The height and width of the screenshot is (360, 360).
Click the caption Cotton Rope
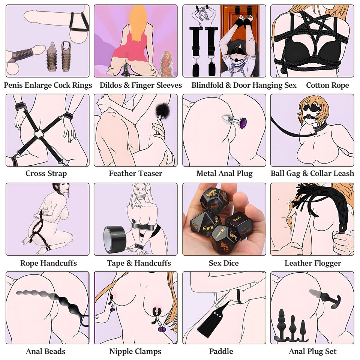[x=327, y=85]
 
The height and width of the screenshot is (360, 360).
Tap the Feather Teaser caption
[x=135, y=173]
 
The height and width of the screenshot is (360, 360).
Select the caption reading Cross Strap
[x=46, y=174]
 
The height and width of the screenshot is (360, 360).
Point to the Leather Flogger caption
[x=313, y=263]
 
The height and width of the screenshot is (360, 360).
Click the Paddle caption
[x=221, y=351]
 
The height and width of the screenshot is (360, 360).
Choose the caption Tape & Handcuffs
[x=139, y=263]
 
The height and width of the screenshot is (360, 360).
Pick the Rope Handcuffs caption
[x=48, y=263]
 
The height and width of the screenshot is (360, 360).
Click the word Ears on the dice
[x=208, y=228]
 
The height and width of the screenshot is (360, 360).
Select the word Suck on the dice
[x=237, y=218]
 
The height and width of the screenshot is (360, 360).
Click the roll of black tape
[x=115, y=240]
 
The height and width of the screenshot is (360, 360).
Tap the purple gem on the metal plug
[x=243, y=123]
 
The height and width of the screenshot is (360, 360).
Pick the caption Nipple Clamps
[x=135, y=351]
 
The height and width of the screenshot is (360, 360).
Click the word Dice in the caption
[x=231, y=263]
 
